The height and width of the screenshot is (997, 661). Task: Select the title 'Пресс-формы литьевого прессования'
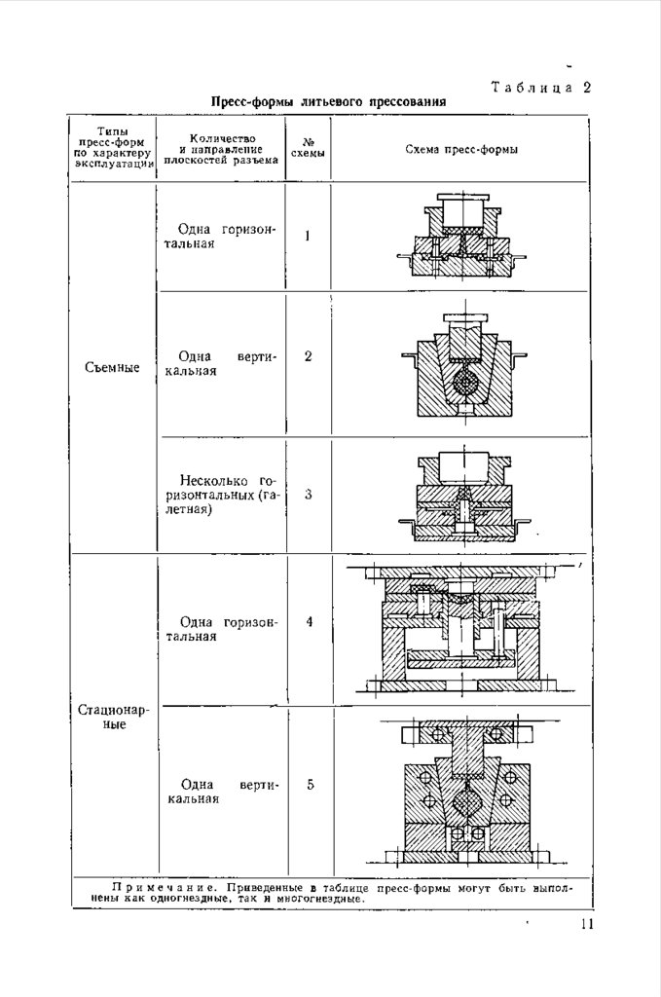[329, 101]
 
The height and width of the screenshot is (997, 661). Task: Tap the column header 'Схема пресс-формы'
[460, 150]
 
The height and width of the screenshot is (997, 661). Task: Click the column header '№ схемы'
[309, 148]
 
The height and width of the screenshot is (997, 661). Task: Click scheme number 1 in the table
[309, 236]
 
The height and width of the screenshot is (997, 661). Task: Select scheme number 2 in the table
[309, 356]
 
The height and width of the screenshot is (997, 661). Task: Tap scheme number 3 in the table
[309, 495]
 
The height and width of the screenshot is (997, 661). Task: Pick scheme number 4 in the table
[309, 621]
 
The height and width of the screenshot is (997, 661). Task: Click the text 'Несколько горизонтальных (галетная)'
[223, 495]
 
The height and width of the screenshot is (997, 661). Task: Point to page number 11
[584, 925]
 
